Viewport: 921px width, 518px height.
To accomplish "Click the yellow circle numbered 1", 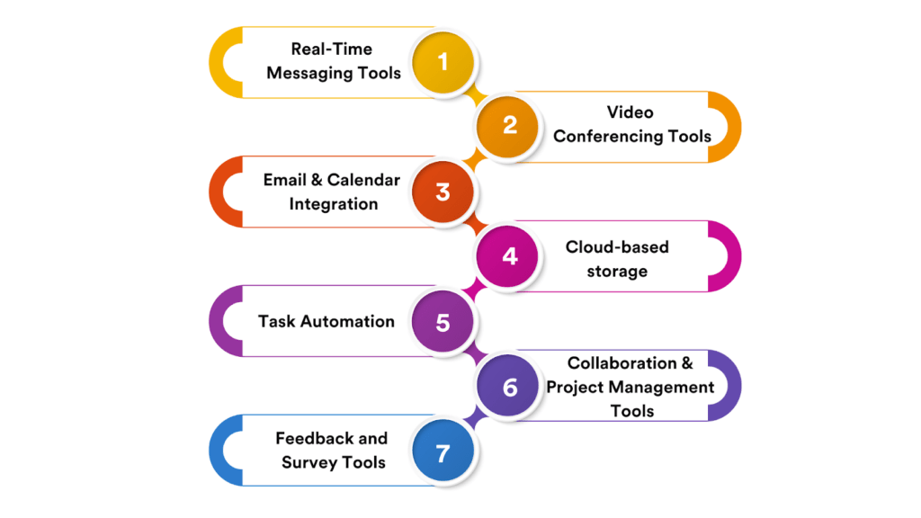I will pyautogui.click(x=443, y=62).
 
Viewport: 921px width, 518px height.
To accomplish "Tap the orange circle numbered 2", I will pyautogui.click(x=510, y=126).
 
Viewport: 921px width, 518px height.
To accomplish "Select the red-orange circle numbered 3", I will pyautogui.click(x=443, y=192).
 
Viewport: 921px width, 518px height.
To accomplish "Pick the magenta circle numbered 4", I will pyautogui.click(x=510, y=255).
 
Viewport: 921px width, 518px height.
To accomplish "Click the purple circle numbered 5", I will pyautogui.click(x=443, y=321).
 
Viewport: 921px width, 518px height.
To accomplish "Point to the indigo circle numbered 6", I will pyautogui.click(x=510, y=387).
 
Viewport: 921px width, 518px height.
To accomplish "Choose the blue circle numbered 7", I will pyautogui.click(x=443, y=452).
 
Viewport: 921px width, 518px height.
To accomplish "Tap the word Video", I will pyautogui.click(x=630, y=112).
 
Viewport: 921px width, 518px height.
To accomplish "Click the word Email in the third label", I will pyautogui.click(x=285, y=180).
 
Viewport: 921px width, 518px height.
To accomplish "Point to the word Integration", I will pyautogui.click(x=333, y=204).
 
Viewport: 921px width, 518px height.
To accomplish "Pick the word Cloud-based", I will pyautogui.click(x=617, y=246).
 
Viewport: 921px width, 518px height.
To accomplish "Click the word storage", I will pyautogui.click(x=617, y=271).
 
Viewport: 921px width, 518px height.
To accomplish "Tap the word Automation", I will pyautogui.click(x=347, y=321).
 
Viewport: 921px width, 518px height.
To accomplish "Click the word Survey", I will pyautogui.click(x=308, y=463).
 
